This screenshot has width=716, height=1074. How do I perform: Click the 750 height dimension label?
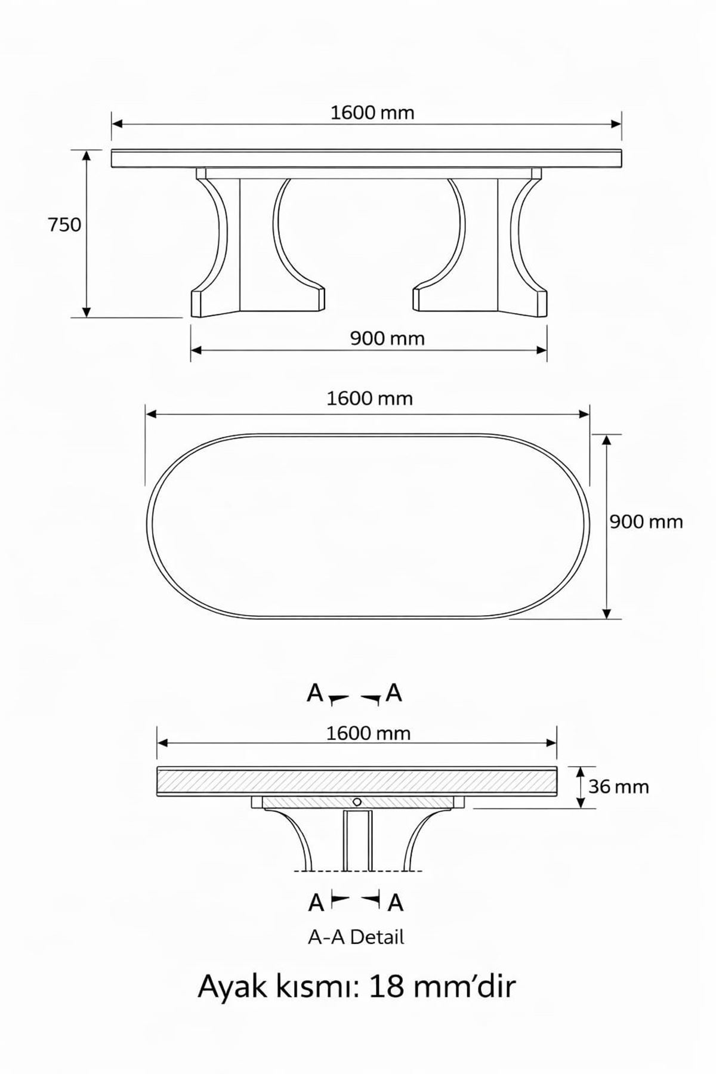(x=64, y=225)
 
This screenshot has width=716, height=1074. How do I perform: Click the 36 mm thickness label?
(x=618, y=787)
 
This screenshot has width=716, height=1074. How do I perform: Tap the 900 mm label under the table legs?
(x=387, y=339)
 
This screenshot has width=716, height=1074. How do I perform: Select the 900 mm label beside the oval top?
(x=646, y=522)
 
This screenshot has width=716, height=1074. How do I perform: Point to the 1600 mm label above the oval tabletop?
(x=369, y=399)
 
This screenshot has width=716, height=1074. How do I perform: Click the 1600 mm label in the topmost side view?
(x=372, y=113)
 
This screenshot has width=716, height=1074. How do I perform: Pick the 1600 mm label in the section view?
(x=368, y=733)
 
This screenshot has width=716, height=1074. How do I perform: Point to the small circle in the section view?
(x=357, y=801)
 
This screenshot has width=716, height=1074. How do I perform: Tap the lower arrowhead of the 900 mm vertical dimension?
(x=607, y=613)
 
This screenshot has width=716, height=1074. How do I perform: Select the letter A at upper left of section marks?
(x=314, y=693)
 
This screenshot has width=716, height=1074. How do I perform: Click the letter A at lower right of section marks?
(x=396, y=903)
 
